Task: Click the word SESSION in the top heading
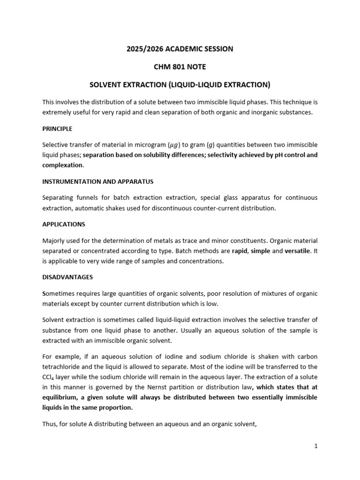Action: click(x=217, y=49)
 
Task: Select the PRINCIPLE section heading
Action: click(x=57, y=128)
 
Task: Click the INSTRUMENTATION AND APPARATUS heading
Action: click(x=98, y=181)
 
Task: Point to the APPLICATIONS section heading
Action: click(x=64, y=225)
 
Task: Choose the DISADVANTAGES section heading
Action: click(x=67, y=277)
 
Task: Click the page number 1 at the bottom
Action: click(x=316, y=446)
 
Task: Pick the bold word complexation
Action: click(x=62, y=165)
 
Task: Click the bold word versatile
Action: click(x=297, y=251)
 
